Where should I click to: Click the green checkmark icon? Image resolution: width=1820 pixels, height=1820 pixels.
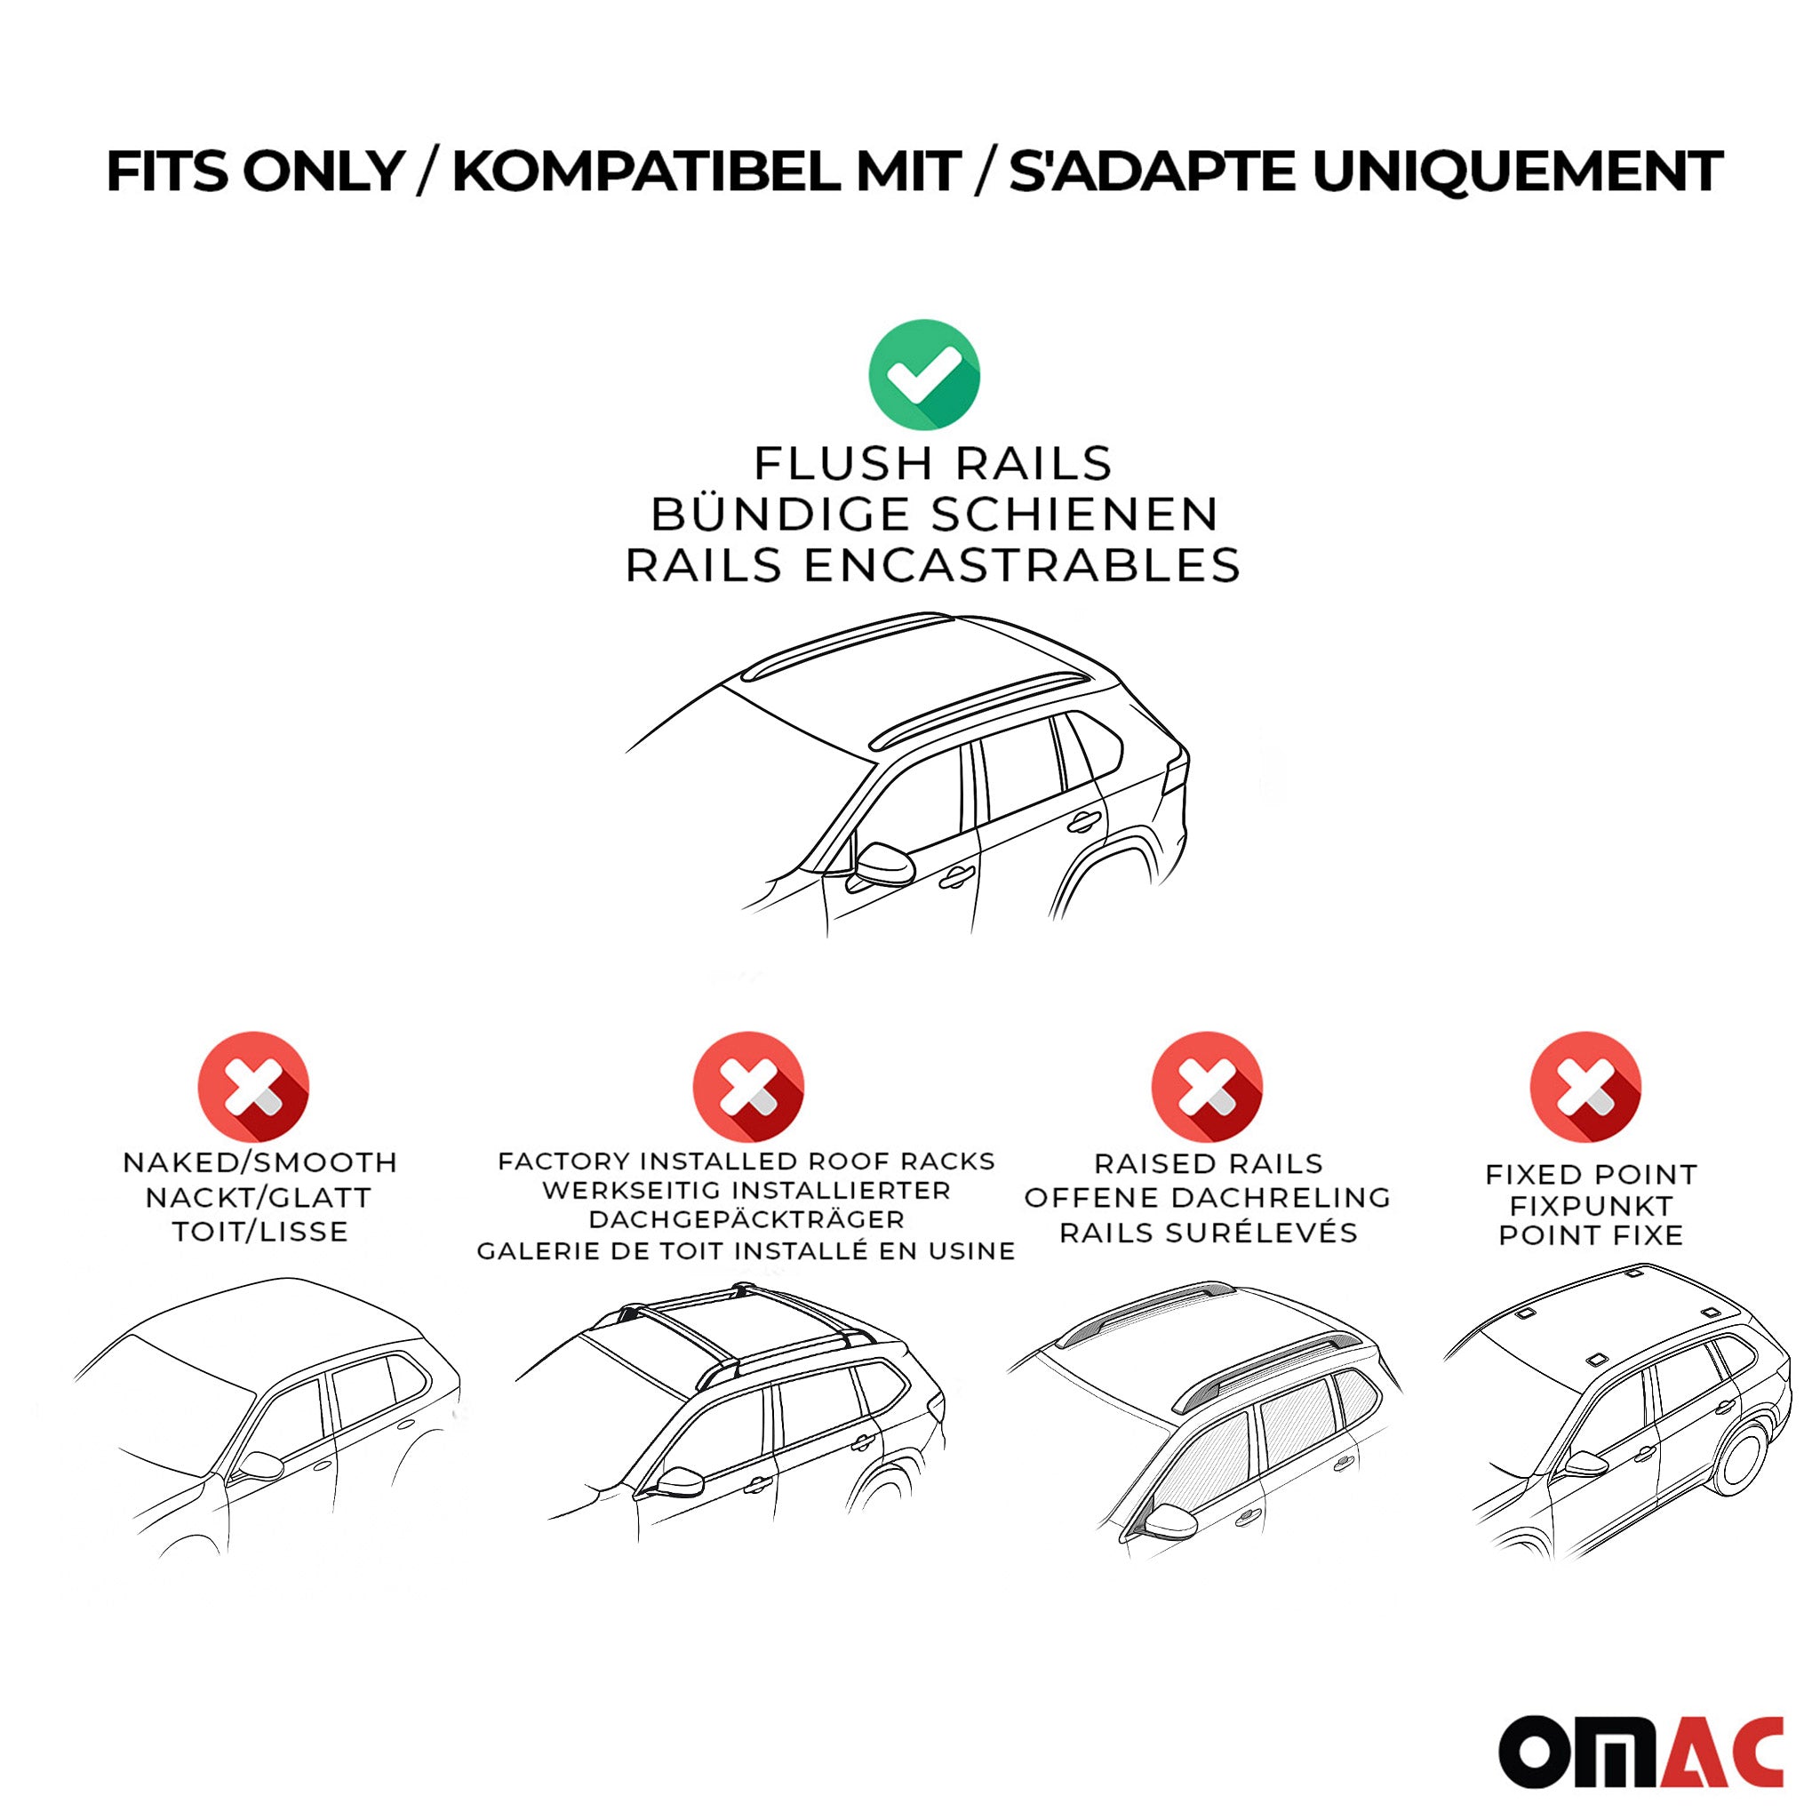click(923, 374)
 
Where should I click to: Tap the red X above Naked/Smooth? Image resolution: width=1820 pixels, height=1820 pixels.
click(253, 1086)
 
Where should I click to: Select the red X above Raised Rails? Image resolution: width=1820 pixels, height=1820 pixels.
click(1207, 1086)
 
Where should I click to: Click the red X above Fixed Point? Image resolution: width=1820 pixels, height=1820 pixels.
click(1585, 1086)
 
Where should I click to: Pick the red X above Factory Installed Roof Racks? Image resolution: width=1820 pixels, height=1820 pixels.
click(748, 1086)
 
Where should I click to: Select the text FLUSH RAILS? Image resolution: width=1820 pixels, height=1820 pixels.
click(932, 464)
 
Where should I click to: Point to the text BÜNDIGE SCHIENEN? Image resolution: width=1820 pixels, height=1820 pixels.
click(934, 515)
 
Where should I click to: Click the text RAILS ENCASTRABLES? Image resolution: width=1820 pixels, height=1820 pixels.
click(932, 565)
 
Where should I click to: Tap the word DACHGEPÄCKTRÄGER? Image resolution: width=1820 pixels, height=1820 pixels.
click(746, 1220)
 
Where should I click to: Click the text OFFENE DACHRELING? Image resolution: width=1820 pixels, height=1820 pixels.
click(1208, 1197)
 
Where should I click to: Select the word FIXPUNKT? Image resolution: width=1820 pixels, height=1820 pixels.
click(1591, 1205)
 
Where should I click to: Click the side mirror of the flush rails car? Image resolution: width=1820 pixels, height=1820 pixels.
click(885, 864)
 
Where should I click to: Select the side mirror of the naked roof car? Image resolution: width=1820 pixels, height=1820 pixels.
click(261, 1465)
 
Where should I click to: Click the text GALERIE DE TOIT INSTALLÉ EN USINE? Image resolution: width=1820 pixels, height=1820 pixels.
click(746, 1251)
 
